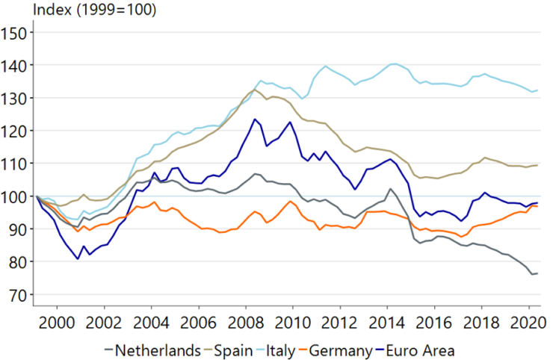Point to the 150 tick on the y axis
coord(15,33)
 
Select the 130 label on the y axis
coord(15,99)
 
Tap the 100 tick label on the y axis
coord(15,197)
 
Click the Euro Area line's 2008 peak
coord(255,120)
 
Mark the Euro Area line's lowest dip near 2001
coord(78,259)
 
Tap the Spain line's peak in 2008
coord(253,90)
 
